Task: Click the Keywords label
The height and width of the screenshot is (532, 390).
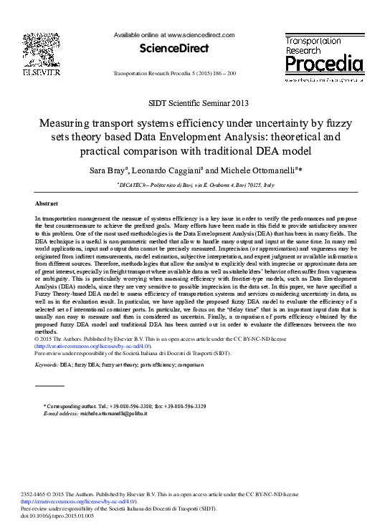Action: pos(47,364)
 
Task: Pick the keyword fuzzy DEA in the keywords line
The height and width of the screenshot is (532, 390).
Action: pos(90,364)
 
